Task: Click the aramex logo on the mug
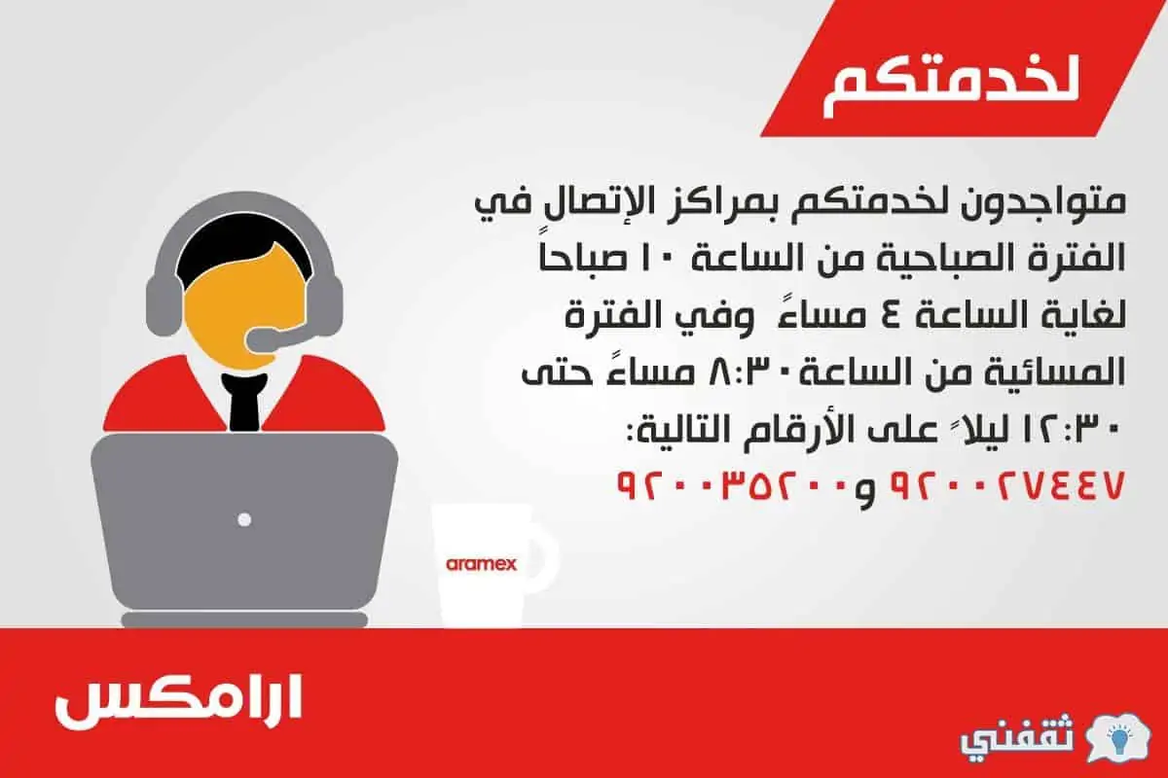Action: pos(481,564)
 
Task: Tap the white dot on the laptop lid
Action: pos(244,519)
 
